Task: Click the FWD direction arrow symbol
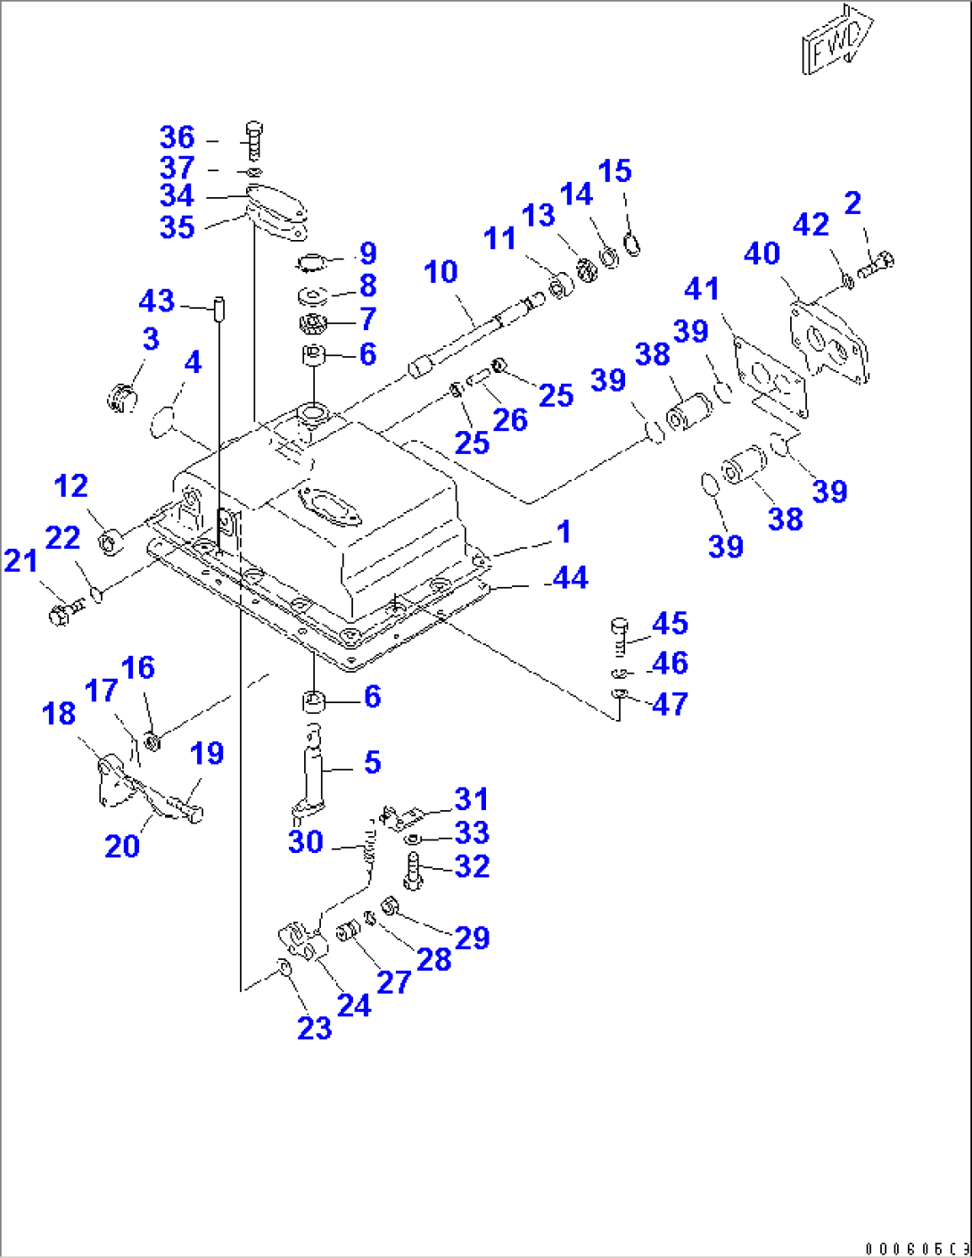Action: [x=837, y=40]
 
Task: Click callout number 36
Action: [x=177, y=137]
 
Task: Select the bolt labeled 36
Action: [x=253, y=139]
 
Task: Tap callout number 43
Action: [x=156, y=301]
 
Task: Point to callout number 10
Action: [x=441, y=271]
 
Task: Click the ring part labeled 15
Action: [x=631, y=241]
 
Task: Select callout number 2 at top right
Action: [x=853, y=203]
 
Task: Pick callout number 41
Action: [x=702, y=288]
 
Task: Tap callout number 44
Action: [x=570, y=577]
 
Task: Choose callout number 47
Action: [x=670, y=704]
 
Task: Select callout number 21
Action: [x=21, y=560]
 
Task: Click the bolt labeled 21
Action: [x=65, y=612]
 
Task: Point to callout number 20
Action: [x=122, y=846]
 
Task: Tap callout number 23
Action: [x=314, y=1029]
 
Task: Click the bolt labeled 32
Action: [x=412, y=871]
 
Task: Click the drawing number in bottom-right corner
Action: [x=916, y=1247]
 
